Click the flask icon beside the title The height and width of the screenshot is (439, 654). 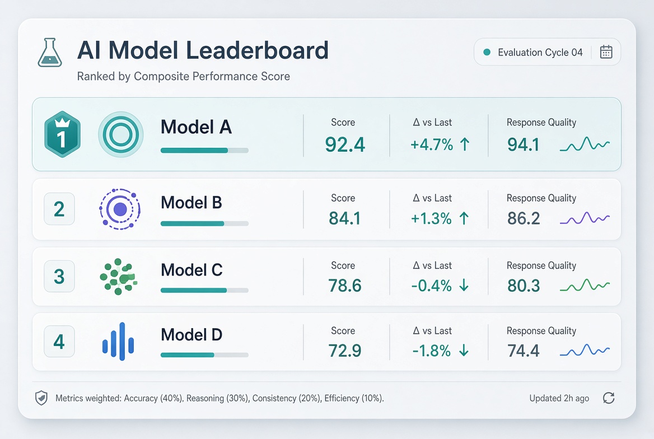(50, 53)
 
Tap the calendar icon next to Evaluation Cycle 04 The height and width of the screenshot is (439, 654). (606, 52)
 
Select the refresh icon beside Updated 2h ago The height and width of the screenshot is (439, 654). (609, 398)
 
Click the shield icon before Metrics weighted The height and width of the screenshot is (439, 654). (41, 398)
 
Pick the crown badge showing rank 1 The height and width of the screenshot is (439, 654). (63, 134)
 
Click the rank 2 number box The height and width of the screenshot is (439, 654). (59, 209)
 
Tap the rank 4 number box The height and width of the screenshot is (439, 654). (59, 342)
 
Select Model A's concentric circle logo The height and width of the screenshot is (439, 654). (121, 134)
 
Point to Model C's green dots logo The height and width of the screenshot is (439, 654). (119, 276)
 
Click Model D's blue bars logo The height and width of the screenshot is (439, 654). (118, 342)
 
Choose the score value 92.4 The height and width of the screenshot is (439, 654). (345, 145)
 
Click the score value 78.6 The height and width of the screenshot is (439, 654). (344, 286)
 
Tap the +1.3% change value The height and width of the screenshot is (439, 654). (431, 218)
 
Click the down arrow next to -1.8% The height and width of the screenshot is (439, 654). (464, 351)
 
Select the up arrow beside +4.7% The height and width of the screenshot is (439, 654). (465, 144)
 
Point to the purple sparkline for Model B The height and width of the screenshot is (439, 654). (585, 218)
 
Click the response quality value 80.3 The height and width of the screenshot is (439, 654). (524, 286)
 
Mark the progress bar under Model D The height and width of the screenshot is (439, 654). (204, 355)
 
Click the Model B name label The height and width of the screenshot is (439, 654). (191, 203)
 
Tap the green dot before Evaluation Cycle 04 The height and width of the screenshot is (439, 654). (487, 52)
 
